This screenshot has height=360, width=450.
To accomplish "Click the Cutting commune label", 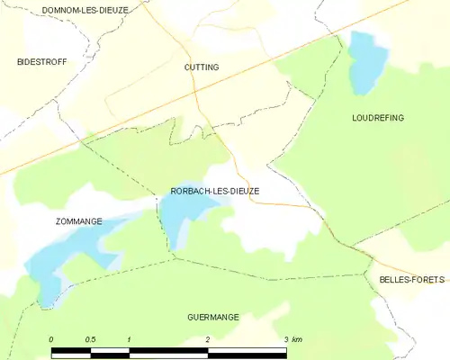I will tap(201, 67).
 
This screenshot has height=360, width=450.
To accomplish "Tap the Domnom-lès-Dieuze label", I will tap(85, 10).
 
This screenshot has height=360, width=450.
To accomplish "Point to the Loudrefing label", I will tap(378, 118).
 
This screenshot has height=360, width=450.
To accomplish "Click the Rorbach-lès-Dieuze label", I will tap(215, 192).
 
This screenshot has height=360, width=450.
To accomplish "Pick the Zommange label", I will tap(78, 220).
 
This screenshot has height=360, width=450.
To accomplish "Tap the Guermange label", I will tap(213, 318).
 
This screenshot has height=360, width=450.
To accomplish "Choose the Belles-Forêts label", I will tap(410, 280).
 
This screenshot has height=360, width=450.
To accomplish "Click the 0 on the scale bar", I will tap(51, 338).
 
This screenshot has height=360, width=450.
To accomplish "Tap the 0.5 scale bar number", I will tap(90, 338).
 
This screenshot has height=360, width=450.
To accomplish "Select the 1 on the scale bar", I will tap(130, 338).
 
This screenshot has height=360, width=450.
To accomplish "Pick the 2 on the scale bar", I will tap(208, 338).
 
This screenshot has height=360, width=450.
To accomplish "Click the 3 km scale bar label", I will tap(292, 338).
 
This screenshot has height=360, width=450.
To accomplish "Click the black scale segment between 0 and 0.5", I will tap(71, 349).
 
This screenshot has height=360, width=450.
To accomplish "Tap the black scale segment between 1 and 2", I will tap(169, 349).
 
